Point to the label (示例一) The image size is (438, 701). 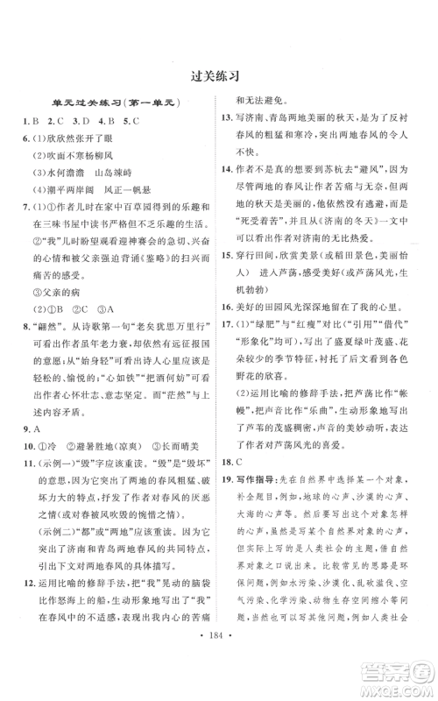point(55,451)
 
